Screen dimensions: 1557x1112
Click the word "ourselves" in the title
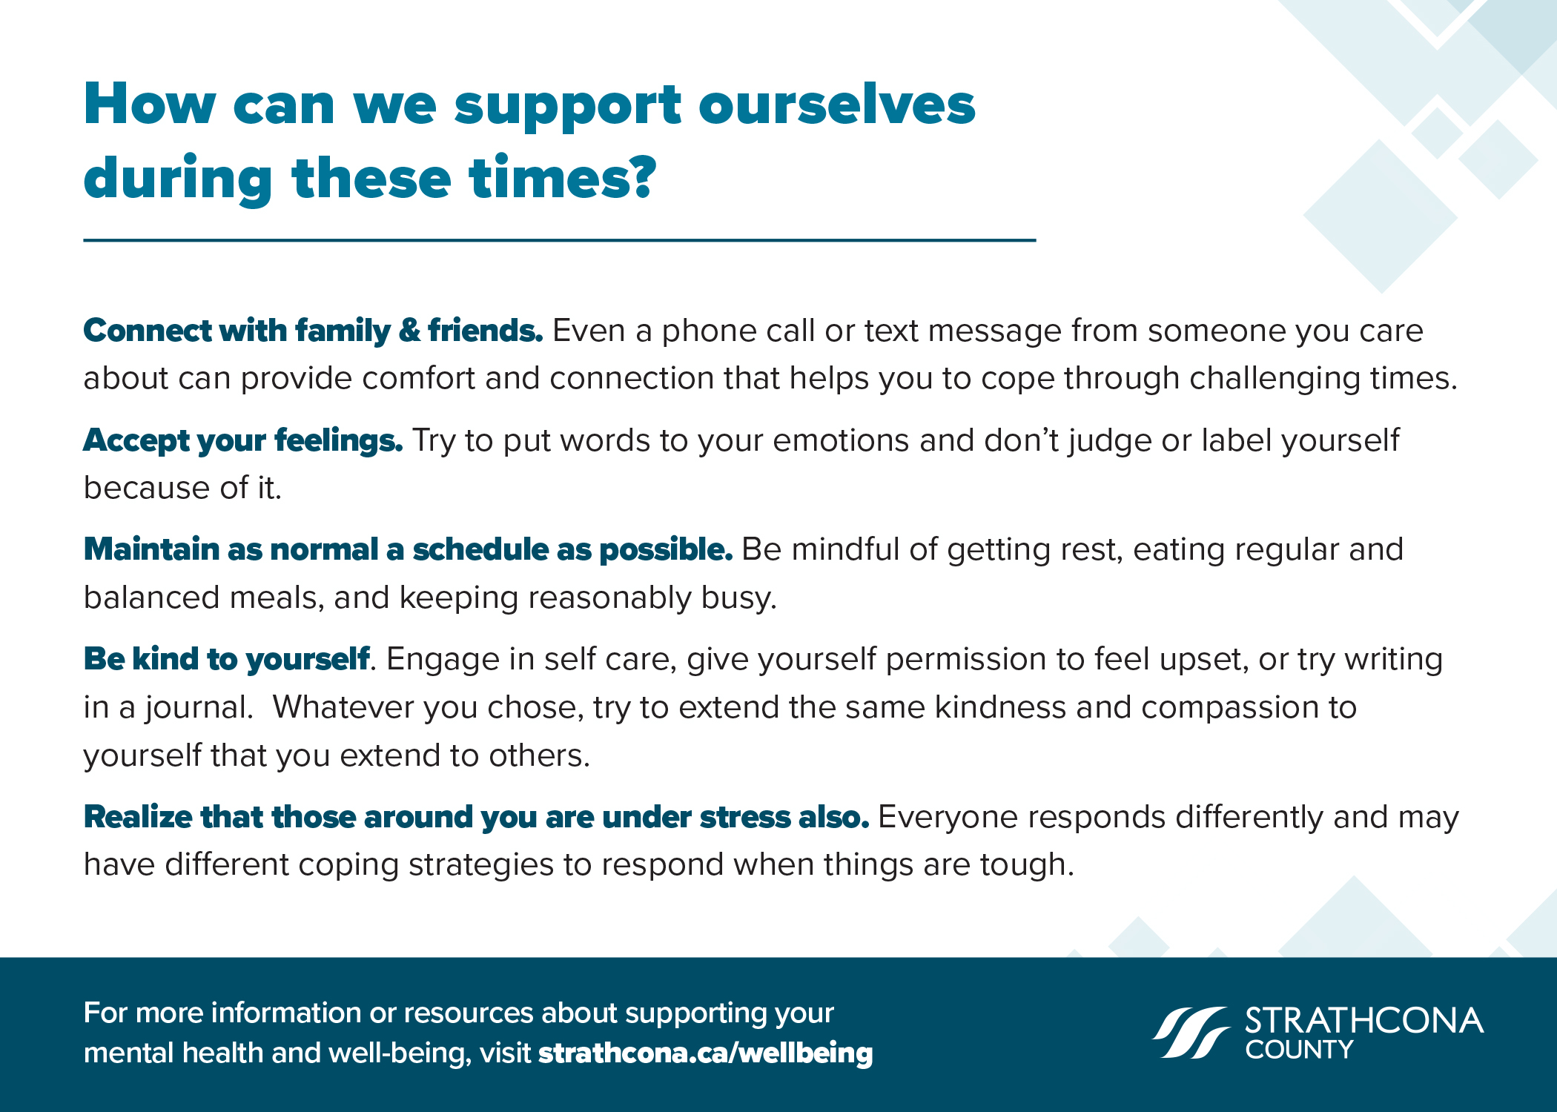pos(837,105)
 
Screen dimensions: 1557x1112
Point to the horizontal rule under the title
pos(560,240)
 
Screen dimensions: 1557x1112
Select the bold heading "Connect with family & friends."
pos(313,331)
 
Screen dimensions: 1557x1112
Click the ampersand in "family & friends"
pos(409,331)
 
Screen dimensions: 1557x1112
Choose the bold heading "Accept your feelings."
pos(243,441)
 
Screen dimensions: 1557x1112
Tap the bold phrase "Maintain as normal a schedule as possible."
pos(408,550)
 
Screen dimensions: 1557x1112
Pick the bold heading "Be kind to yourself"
pos(226,660)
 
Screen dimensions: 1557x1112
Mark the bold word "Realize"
pos(138,817)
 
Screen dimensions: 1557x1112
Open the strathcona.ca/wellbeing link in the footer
pos(706,1054)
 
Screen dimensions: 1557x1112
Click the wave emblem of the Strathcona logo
pos(1191,1032)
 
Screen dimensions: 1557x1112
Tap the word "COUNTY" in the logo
pos(1299,1050)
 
